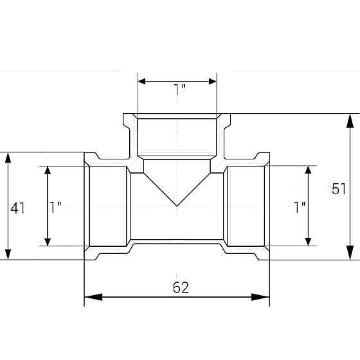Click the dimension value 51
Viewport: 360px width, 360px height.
339,188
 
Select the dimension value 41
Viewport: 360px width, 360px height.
18,208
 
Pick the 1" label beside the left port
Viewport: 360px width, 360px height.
56,207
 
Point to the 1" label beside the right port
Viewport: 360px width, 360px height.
299,207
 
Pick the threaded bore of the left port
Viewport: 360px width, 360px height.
108,206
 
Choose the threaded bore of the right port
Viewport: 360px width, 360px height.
246,206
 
